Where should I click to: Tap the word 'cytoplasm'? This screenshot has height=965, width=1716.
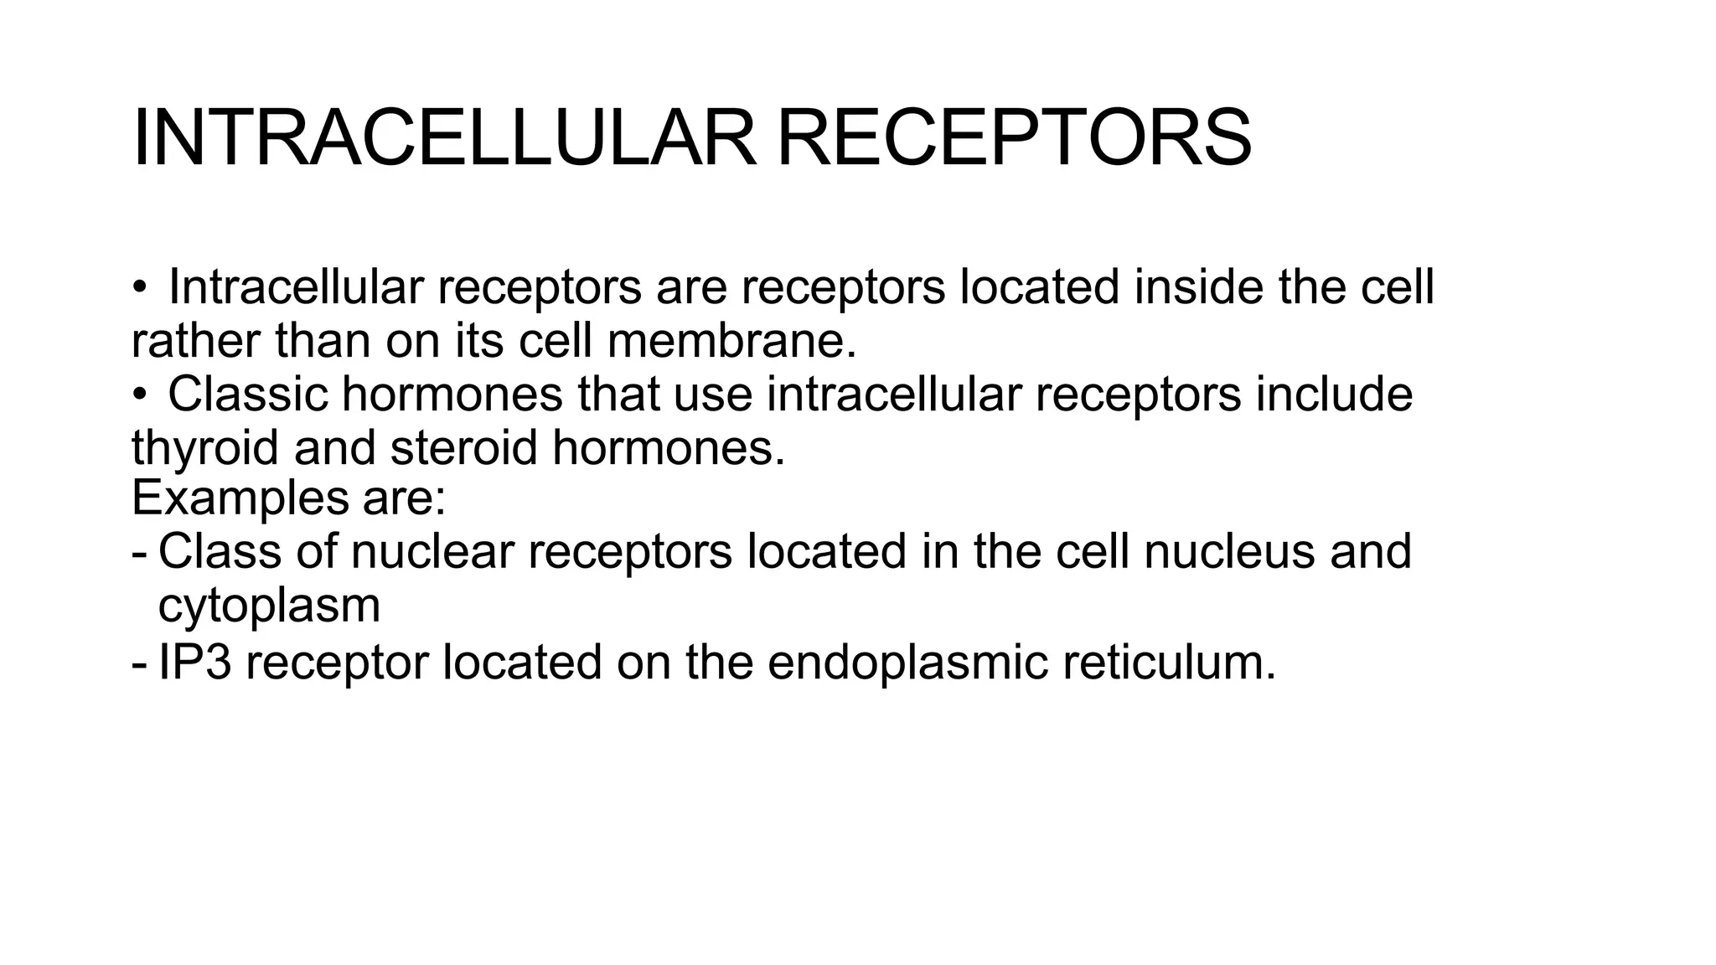pos(269,606)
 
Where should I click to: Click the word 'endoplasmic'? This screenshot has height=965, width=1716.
pos(907,663)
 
